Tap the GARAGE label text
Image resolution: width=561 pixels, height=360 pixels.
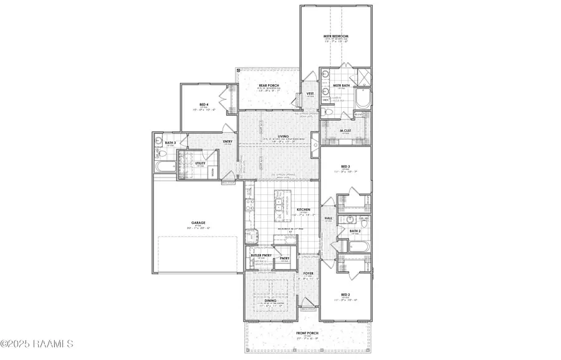198,222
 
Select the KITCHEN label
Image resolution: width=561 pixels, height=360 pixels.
304,210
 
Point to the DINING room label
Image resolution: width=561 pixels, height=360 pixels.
270,300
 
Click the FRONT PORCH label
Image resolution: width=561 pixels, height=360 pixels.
307,334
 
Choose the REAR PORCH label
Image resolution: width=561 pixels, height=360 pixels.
269,85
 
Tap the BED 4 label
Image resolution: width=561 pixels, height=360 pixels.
203,105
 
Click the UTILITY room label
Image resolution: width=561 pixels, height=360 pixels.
201,163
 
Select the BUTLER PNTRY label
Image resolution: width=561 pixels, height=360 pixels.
260,255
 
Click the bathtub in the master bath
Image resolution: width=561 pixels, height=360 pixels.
362,98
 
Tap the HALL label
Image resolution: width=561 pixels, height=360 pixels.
328,219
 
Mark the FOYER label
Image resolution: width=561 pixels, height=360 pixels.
308,273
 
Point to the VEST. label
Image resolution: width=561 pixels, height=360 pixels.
309,93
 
